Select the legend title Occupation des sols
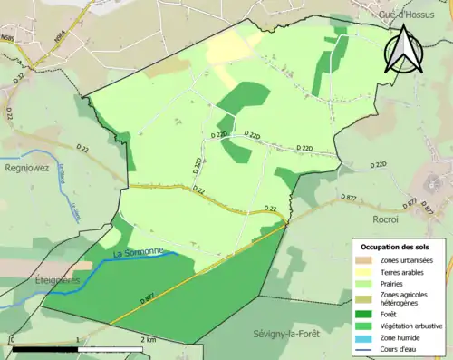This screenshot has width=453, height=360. click(x=395, y=247)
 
